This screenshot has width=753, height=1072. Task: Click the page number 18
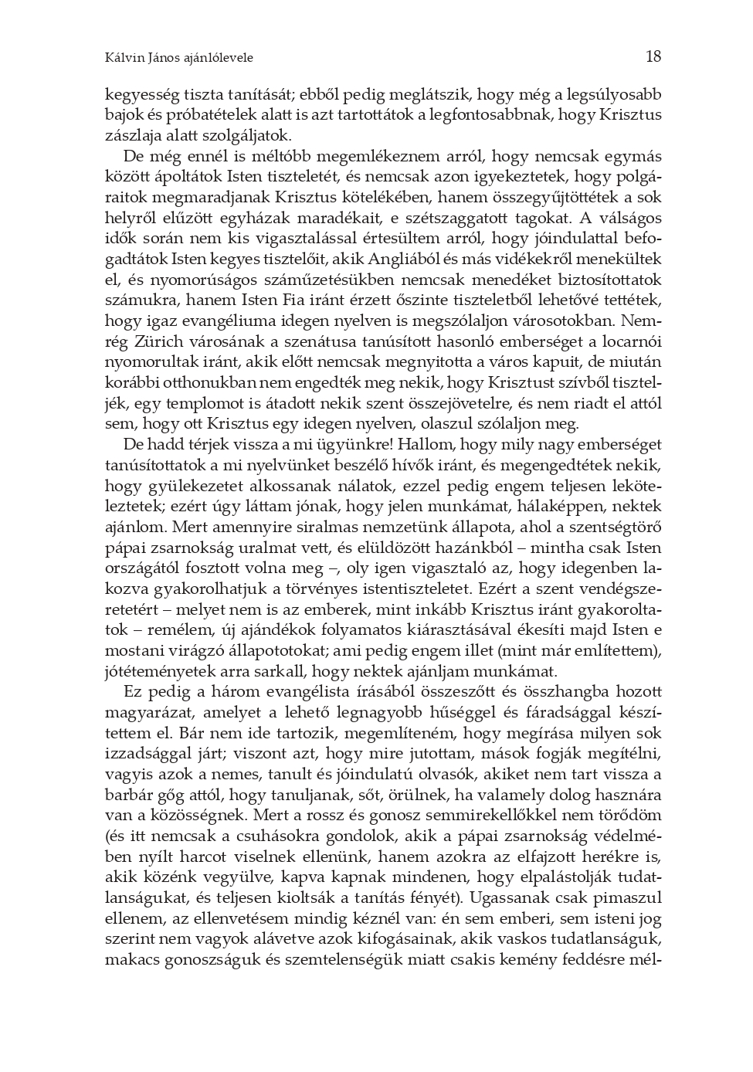(653, 56)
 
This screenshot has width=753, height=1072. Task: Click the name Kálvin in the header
(121, 58)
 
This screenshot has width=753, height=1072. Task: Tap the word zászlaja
(132, 136)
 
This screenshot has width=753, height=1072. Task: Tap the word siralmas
(321, 528)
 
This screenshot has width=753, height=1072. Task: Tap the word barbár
(127, 795)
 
